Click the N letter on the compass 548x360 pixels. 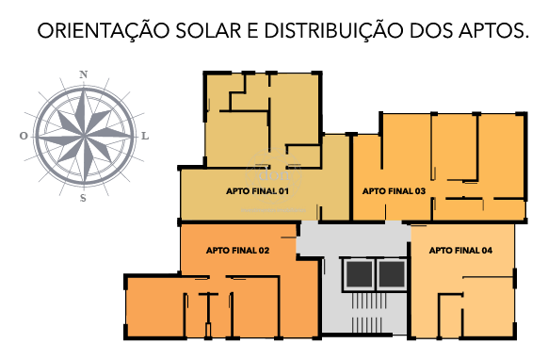click(83, 74)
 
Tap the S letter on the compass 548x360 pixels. click(83, 198)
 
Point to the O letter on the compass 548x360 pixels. click(24, 136)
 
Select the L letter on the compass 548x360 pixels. click(145, 136)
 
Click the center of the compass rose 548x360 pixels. click(85, 136)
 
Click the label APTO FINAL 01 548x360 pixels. click(258, 191)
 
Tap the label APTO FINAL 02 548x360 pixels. click(237, 251)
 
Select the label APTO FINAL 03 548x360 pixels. click(394, 191)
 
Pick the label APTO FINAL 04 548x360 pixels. click(460, 251)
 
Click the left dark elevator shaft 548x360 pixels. click(360, 274)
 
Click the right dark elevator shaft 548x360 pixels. click(392, 274)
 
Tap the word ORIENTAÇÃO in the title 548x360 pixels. click(104, 31)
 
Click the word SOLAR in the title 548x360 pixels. click(208, 31)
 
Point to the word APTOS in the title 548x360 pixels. click(493, 31)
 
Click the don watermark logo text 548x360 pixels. click(274, 174)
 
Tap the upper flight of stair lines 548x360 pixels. click(369, 301)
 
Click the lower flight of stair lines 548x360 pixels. click(367, 325)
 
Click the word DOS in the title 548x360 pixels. click(430, 31)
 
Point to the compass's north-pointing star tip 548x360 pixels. click(84, 90)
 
